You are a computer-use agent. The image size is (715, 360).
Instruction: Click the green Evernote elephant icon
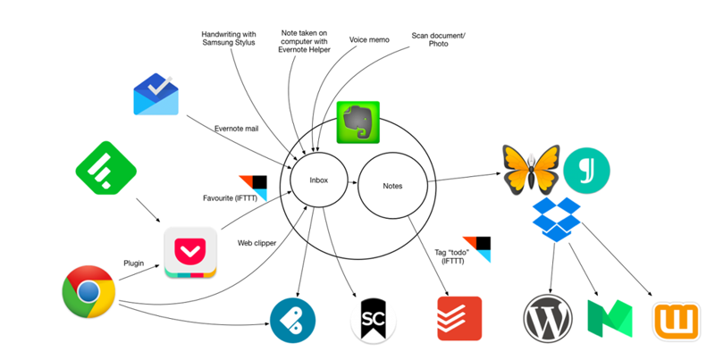click(x=357, y=122)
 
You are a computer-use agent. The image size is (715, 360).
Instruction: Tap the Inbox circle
click(x=318, y=180)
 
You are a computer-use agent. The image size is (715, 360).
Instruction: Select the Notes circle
click(x=391, y=186)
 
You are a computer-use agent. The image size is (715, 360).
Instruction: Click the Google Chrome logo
click(x=88, y=293)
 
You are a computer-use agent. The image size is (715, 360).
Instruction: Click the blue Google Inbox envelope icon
click(x=156, y=95)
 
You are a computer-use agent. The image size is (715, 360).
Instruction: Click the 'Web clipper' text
click(x=256, y=242)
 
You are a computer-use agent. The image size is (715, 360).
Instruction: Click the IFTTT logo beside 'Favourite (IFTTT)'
click(x=253, y=187)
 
